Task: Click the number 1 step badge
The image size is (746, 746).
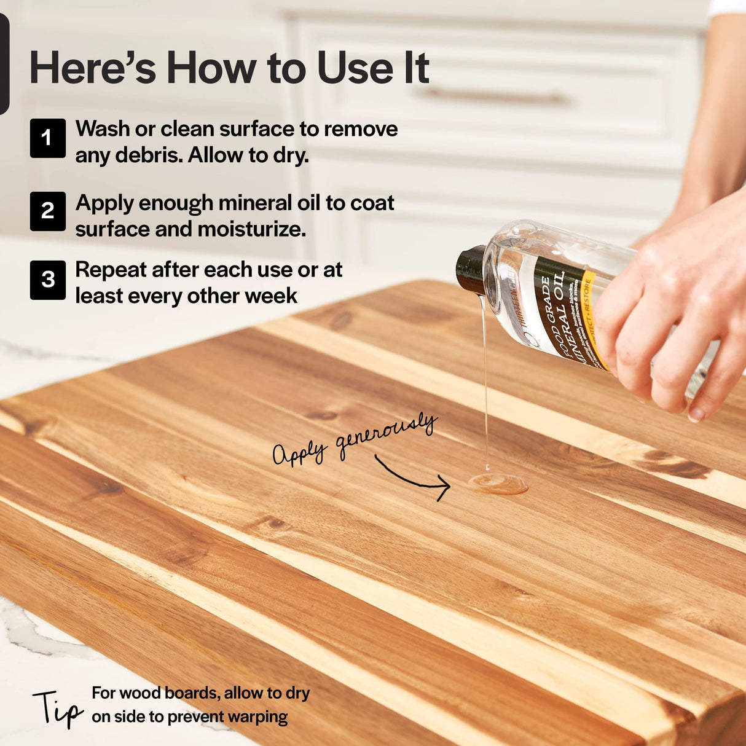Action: pos(47,138)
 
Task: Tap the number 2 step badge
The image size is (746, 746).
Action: pos(47,211)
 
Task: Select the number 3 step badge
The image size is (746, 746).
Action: pos(47,280)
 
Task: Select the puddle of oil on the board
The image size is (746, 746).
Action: pos(498,484)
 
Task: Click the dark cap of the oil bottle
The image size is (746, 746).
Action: pos(471,270)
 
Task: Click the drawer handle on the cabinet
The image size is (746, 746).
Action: pos(495,95)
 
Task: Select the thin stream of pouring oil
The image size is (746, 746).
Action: pos(485,381)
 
